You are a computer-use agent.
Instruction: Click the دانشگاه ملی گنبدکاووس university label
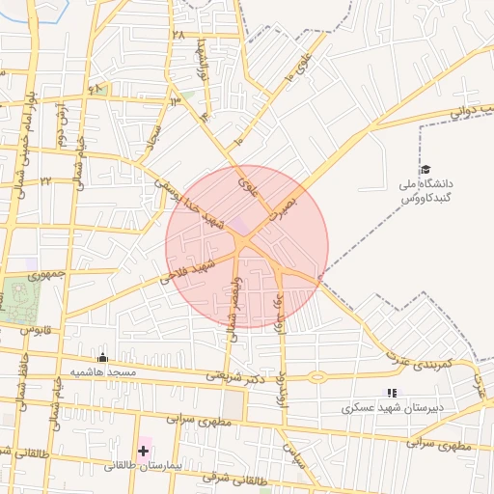[x=426, y=190]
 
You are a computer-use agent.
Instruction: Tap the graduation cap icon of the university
[x=425, y=170]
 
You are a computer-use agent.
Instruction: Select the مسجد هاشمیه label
[x=108, y=371]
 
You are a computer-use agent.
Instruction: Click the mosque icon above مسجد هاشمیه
[x=103, y=358]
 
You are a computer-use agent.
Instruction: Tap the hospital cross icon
[x=144, y=451]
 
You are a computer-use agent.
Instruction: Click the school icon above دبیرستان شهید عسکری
[x=391, y=393]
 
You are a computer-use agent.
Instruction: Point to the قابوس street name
[x=35, y=331]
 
